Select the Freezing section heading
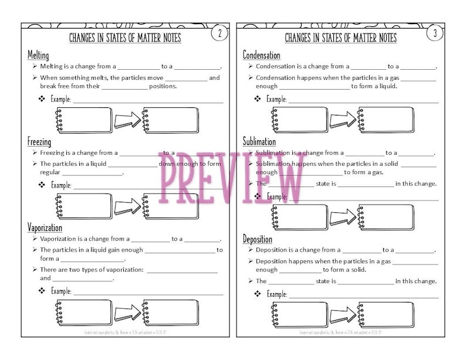click(x=39, y=142)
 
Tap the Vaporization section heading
click(x=45, y=227)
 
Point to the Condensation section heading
click(x=262, y=55)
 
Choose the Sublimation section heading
click(x=259, y=142)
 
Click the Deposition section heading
click(x=258, y=239)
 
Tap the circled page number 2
click(x=219, y=33)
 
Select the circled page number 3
click(x=434, y=33)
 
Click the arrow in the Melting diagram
click(x=127, y=120)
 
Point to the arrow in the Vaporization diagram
click(x=127, y=313)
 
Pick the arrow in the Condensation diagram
click(x=342, y=120)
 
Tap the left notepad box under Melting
click(x=83, y=120)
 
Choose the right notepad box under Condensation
click(x=386, y=120)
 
